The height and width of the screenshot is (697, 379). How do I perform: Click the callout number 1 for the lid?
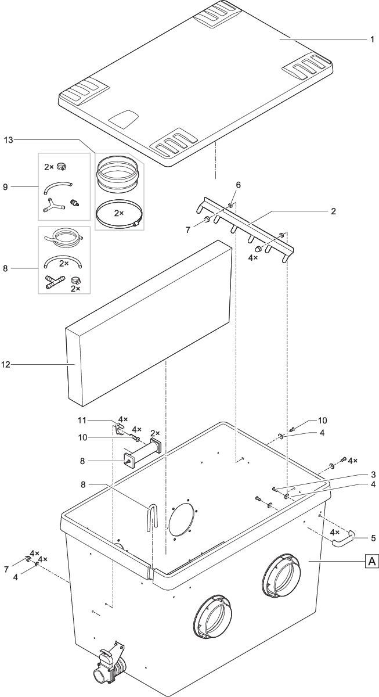372,39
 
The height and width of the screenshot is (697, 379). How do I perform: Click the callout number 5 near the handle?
371,537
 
